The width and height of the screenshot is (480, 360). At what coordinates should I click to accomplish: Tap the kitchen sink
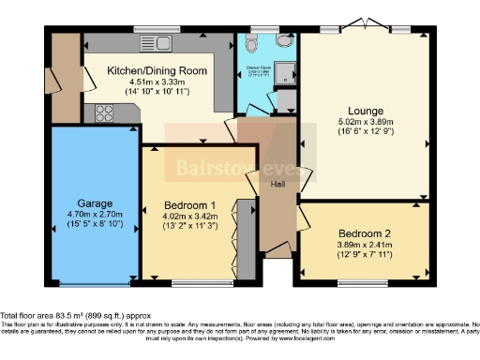coord(155,42)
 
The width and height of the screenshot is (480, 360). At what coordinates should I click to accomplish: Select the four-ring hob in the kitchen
coord(103,113)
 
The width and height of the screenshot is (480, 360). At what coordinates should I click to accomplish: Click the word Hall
coord(279,184)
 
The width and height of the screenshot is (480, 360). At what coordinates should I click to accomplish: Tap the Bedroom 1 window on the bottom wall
coord(200,282)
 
